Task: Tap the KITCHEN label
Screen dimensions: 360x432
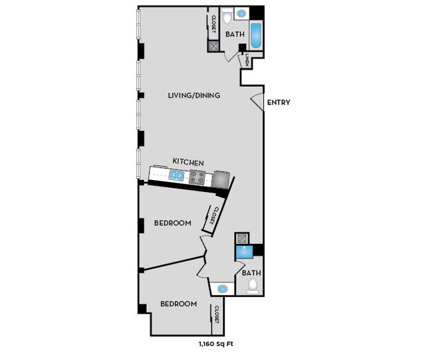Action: pyautogui.click(x=188, y=162)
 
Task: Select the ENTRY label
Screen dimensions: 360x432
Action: pyautogui.click(x=278, y=103)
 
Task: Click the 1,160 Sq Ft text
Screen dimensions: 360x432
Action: pyautogui.click(x=215, y=343)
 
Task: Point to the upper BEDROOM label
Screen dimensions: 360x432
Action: pyautogui.click(x=173, y=223)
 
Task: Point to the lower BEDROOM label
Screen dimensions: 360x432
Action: pyautogui.click(x=179, y=304)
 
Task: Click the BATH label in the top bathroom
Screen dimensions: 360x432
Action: pyautogui.click(x=235, y=34)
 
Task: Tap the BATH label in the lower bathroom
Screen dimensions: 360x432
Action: pyautogui.click(x=251, y=272)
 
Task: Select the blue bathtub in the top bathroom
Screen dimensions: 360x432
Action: pyautogui.click(x=257, y=36)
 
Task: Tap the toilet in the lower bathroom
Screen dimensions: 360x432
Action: pyautogui.click(x=252, y=286)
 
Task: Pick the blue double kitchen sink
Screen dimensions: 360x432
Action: pyautogui.click(x=177, y=175)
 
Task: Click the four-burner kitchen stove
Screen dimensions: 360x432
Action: pyautogui.click(x=197, y=177)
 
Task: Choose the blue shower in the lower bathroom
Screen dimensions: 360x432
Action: pyautogui.click(x=243, y=252)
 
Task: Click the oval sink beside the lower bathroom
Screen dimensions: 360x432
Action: pyautogui.click(x=222, y=289)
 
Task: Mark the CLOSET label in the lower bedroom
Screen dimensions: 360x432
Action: pyautogui.click(x=217, y=314)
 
